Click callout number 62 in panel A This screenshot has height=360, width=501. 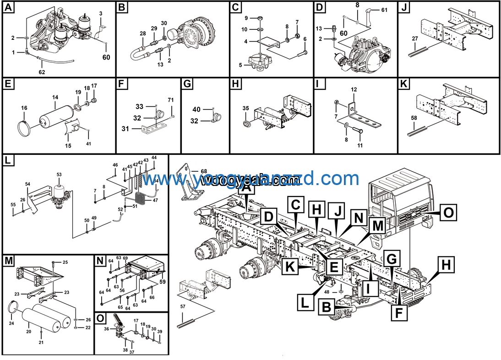tap(42, 72)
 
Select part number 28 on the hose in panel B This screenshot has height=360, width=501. tap(142, 33)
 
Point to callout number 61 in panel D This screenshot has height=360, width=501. tap(384, 10)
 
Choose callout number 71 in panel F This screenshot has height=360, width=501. tap(170, 100)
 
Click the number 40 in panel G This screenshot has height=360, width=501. tap(196, 109)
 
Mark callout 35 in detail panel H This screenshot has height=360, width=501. tap(245, 109)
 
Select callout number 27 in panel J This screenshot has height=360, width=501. tap(415, 38)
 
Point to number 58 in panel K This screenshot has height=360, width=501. tap(414, 119)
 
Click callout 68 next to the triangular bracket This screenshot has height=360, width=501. tap(204, 172)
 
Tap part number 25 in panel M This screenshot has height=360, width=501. tap(65, 262)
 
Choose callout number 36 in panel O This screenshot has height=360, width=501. tap(106, 328)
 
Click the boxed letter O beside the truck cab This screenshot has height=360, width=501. tap(450, 212)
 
